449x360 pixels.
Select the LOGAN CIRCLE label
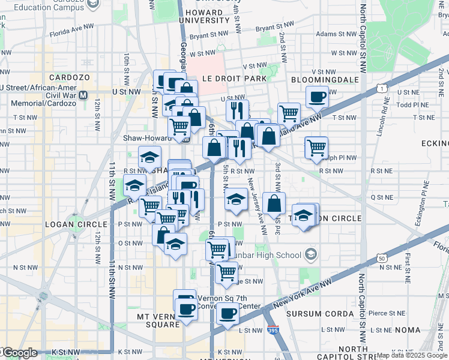(68, 224)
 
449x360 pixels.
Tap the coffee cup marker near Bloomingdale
(318, 96)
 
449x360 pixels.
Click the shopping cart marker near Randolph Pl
(316, 147)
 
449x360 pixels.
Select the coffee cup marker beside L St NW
(228, 313)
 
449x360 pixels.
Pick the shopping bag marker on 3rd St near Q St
(274, 203)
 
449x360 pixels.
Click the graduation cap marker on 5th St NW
(237, 199)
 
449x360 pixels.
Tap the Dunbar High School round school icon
(310, 255)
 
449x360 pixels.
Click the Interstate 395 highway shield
(273, 331)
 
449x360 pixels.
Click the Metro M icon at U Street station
(83, 95)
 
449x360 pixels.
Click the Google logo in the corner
(19, 353)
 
